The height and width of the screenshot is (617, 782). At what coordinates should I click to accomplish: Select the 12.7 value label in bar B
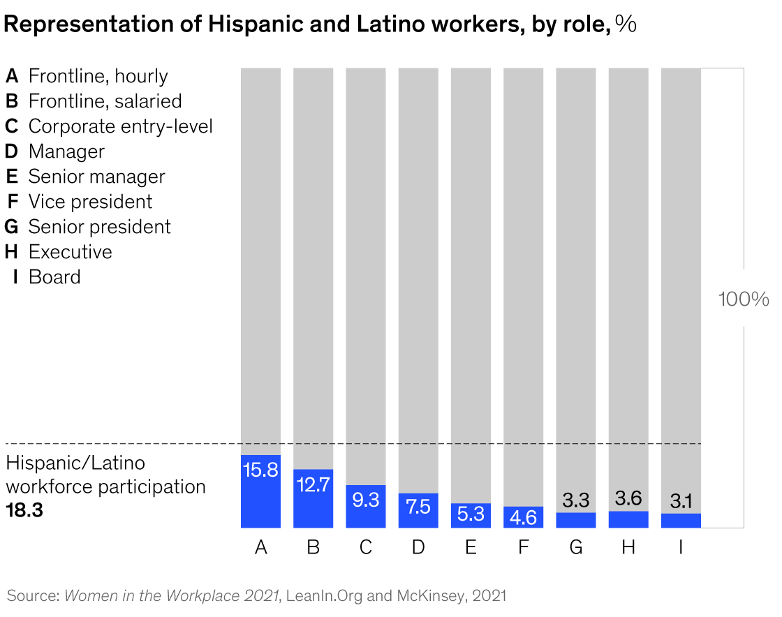(313, 485)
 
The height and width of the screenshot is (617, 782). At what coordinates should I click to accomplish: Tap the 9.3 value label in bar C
(365, 500)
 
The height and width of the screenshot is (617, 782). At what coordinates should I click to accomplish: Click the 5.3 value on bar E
(471, 514)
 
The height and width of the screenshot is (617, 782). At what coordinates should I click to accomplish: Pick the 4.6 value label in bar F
(523, 517)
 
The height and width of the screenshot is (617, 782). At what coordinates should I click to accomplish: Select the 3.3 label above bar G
(575, 500)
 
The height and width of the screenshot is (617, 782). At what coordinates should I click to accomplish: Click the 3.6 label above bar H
(628, 498)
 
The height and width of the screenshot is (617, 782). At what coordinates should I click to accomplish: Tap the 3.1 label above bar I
(681, 501)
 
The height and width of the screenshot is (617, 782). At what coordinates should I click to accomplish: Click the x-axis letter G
(575, 548)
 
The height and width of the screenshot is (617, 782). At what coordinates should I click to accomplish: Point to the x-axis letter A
(261, 548)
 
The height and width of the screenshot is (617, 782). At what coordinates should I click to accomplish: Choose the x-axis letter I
(681, 548)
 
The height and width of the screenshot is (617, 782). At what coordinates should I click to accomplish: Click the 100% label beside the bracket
(744, 299)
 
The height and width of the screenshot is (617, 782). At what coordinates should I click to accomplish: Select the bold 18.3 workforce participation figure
(24, 510)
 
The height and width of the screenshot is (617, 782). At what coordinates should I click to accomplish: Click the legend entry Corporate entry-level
(120, 126)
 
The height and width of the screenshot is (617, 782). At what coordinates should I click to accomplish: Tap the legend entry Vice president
(90, 202)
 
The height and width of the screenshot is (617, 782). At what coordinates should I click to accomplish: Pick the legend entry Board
(54, 277)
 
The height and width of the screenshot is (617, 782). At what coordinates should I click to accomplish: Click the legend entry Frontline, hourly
(98, 76)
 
